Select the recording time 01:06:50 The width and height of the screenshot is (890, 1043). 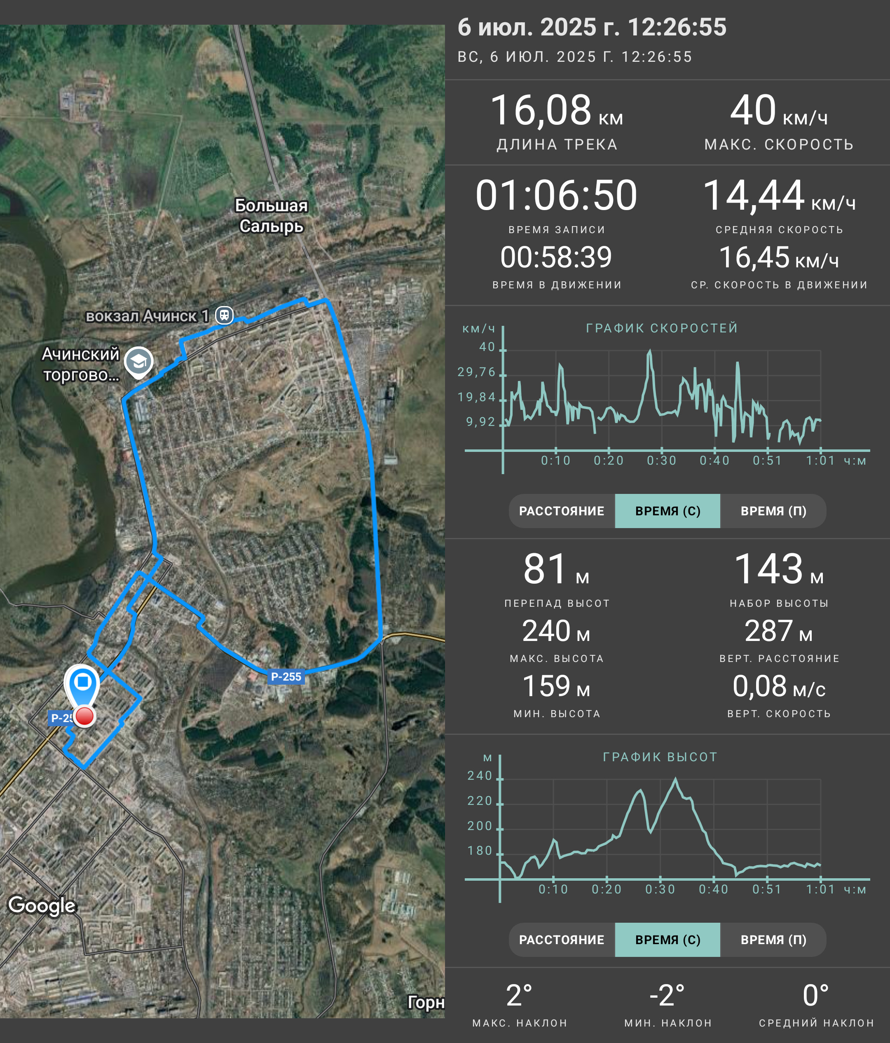(x=556, y=195)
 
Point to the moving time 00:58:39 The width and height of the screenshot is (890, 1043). (x=556, y=257)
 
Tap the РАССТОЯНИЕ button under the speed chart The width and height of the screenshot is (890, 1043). (x=562, y=511)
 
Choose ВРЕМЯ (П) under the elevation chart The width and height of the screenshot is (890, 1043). (x=773, y=940)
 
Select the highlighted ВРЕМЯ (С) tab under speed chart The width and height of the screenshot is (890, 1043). (x=667, y=511)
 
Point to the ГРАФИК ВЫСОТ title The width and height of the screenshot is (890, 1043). (x=660, y=757)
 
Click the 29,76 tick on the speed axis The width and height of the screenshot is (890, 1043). (x=476, y=372)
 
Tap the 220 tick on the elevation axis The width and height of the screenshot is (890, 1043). (x=480, y=801)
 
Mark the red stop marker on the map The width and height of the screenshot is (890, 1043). (x=84, y=716)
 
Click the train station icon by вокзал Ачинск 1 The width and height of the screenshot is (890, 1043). (x=225, y=315)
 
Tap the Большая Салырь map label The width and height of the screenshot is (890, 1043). (x=272, y=216)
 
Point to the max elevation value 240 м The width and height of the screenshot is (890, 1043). (x=556, y=631)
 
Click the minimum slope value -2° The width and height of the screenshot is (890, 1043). (x=667, y=996)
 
